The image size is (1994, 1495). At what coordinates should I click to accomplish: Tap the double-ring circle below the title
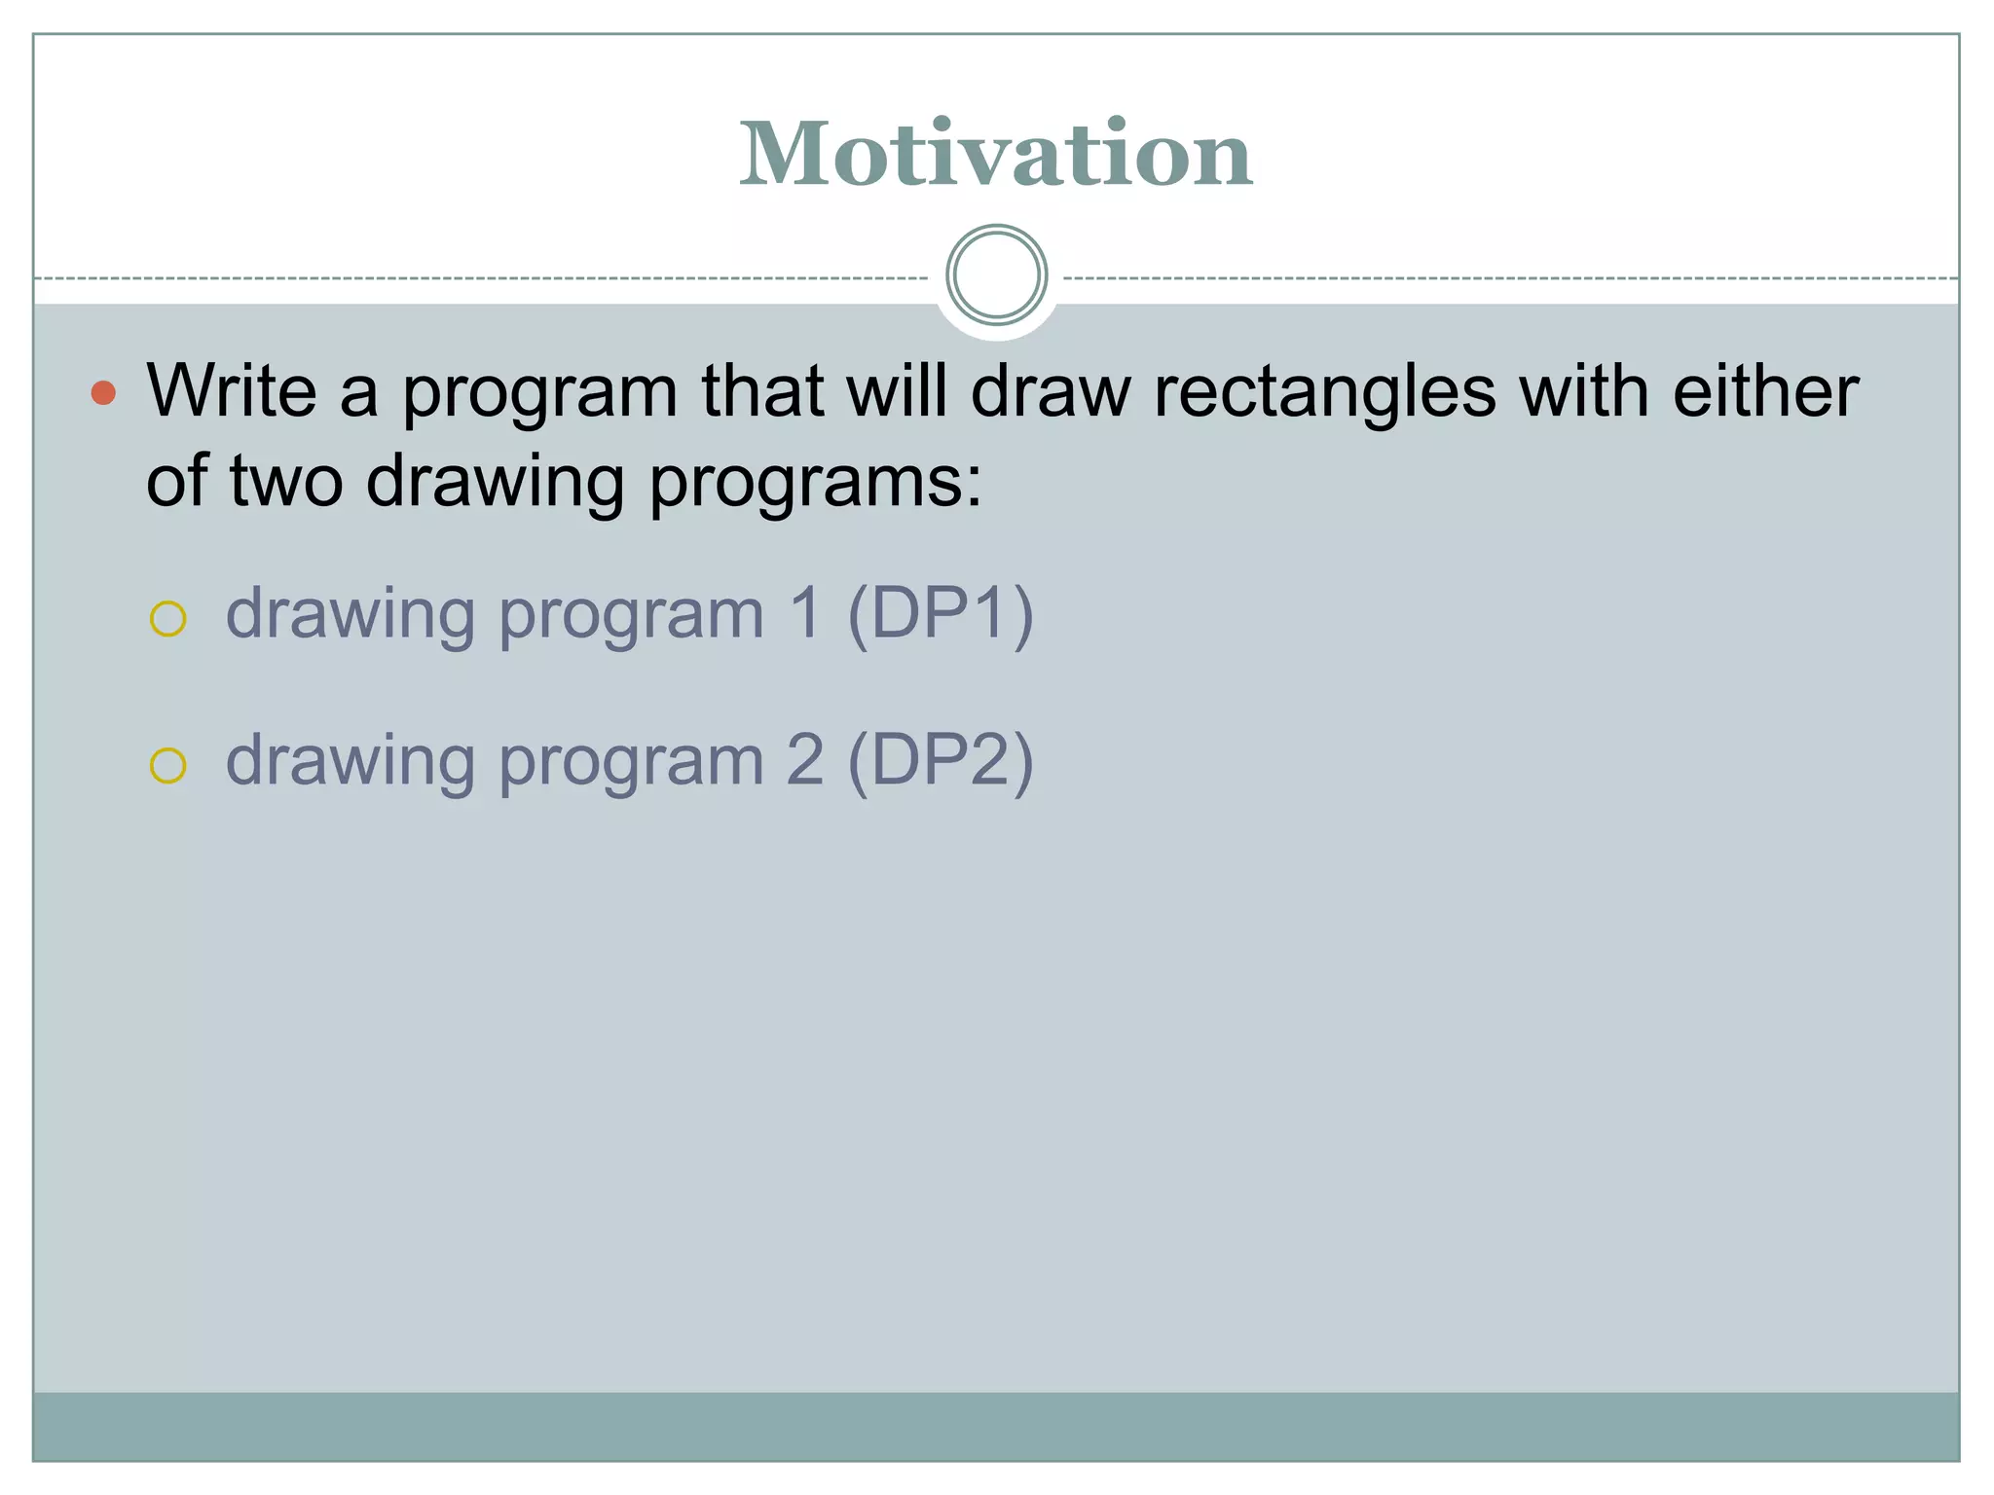pos(996,275)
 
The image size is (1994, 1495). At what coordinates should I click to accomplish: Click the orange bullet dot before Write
pos(103,393)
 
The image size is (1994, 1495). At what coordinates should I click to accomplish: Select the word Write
pos(232,391)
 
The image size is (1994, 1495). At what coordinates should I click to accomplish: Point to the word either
pos(1765,391)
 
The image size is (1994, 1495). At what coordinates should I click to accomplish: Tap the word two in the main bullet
pos(286,481)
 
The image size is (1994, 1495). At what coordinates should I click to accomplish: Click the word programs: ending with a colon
pos(816,483)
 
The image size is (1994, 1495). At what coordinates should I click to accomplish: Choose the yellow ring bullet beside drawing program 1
pos(167,619)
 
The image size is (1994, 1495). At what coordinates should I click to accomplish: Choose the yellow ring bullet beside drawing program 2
pos(167,765)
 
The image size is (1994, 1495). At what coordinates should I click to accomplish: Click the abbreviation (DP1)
pos(940,615)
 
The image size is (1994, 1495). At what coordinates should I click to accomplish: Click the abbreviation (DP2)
pos(940,761)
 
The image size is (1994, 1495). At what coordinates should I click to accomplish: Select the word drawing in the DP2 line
pos(351,763)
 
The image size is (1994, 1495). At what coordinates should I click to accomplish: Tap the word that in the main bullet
pos(761,391)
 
